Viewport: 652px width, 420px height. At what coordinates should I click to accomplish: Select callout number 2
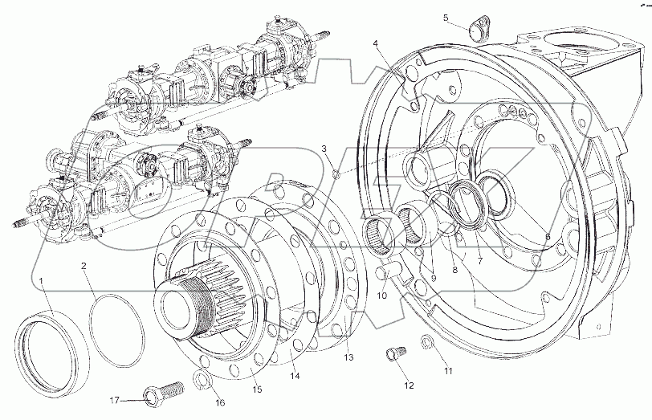click(x=83, y=266)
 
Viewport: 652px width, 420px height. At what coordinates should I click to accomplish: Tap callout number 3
click(x=324, y=149)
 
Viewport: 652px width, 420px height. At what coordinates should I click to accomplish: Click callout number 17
click(x=115, y=399)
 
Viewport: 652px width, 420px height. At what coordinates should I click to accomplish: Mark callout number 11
click(x=448, y=371)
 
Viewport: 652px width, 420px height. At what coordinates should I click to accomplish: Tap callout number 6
click(x=548, y=236)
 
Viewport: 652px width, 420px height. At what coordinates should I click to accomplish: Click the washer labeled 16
click(x=202, y=380)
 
